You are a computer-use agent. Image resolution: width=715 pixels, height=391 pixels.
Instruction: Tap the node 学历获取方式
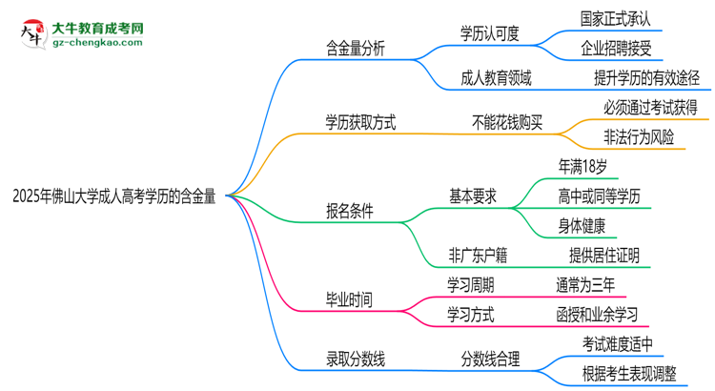click(x=360, y=122)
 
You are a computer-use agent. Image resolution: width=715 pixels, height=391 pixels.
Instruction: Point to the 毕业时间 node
click(x=350, y=299)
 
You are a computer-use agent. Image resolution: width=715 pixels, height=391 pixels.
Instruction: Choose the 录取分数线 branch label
click(x=356, y=360)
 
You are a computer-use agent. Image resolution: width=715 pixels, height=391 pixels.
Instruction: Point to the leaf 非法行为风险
click(x=638, y=136)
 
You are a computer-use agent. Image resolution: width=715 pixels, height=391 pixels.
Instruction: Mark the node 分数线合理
click(x=490, y=360)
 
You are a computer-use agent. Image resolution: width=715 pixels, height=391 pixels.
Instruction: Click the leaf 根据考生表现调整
click(x=630, y=373)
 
